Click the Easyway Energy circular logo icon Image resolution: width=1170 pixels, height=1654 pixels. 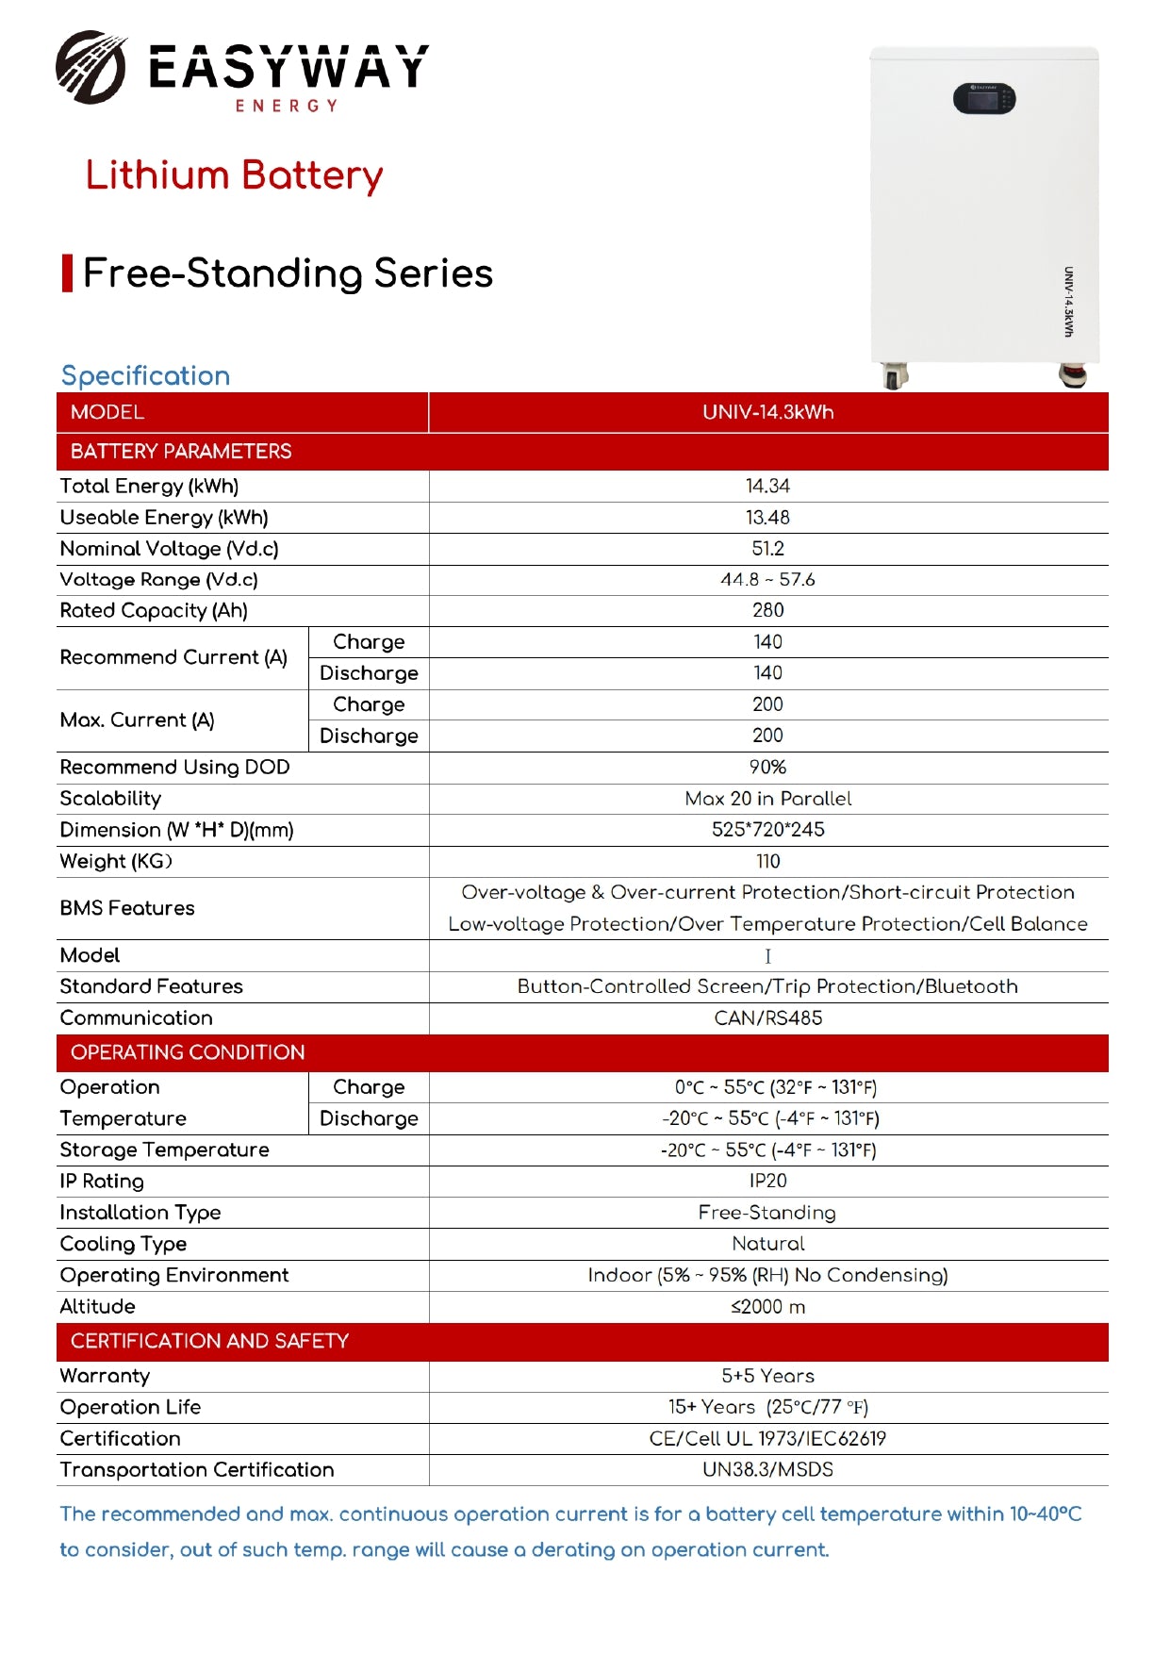coord(91,67)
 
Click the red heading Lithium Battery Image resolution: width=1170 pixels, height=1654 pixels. coord(234,175)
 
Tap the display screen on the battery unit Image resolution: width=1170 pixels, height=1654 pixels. coord(983,98)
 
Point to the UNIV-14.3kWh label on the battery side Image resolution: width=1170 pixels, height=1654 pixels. coord(1068,301)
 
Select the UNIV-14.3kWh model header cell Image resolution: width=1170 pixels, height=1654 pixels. coord(767,412)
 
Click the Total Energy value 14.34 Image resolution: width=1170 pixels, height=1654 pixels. coord(767,487)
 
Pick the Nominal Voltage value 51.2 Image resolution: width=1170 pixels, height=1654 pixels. coord(767,549)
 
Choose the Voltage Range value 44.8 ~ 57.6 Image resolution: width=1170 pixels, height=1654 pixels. coord(767,580)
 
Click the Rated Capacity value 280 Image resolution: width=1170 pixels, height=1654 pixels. coord(767,611)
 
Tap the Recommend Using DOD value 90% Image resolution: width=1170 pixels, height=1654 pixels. coord(767,768)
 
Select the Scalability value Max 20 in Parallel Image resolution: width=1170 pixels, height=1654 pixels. coord(767,799)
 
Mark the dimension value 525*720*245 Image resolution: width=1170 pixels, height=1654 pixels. coord(767,830)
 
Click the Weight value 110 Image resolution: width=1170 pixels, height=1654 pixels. coord(767,862)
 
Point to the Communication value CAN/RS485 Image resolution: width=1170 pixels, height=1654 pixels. coord(767,1018)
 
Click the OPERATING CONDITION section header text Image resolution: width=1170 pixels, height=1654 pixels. coord(188,1052)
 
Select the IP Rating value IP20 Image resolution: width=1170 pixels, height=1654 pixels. coord(767,1182)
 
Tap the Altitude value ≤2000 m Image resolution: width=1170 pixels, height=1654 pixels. coord(767,1307)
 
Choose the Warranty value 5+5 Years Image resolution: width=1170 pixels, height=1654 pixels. coord(767,1376)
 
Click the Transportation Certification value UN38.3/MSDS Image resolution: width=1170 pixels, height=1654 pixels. coord(767,1470)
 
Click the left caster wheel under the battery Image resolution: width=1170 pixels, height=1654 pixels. coord(894,376)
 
